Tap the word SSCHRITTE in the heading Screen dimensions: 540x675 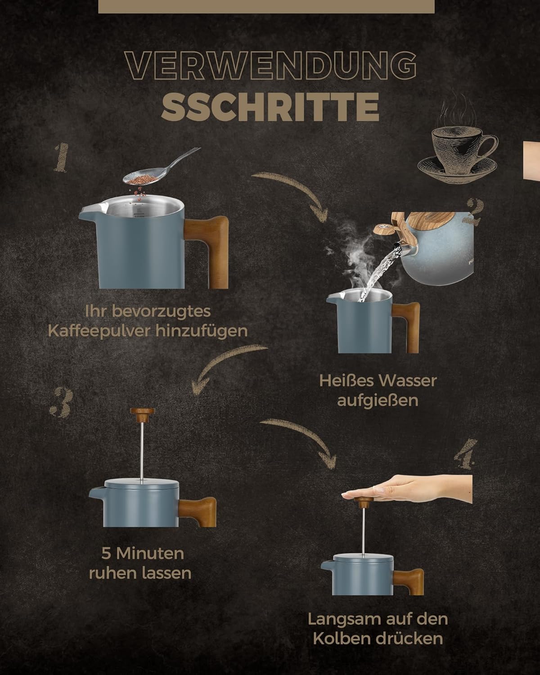(270, 107)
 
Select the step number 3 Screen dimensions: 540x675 (62, 402)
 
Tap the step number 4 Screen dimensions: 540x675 (465, 454)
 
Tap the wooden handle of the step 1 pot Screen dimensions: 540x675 (208, 251)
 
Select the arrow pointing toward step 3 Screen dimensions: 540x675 (220, 361)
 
